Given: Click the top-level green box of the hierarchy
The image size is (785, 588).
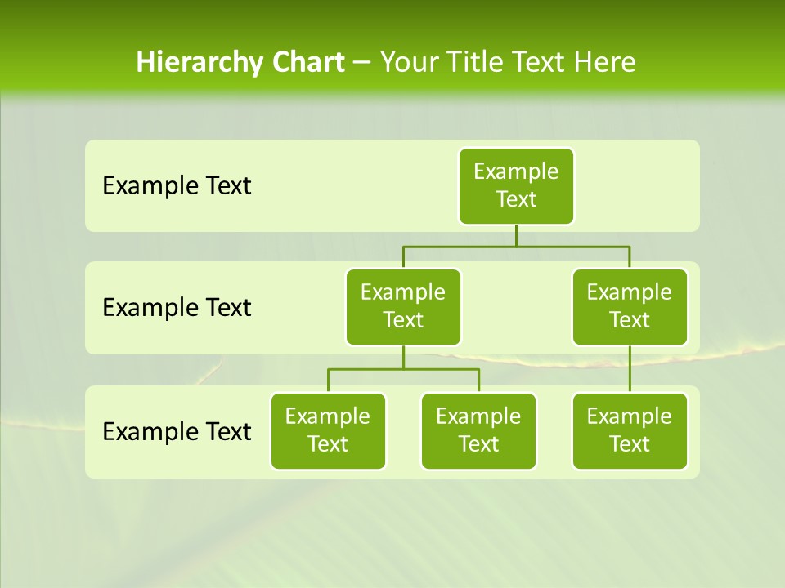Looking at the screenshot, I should tap(516, 185).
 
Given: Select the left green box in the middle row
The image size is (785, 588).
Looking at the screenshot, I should tap(403, 306).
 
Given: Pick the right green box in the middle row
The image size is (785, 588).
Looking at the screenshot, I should tap(630, 306).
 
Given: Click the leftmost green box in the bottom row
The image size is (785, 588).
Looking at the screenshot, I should tap(328, 430).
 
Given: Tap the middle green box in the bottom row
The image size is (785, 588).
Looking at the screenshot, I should tap(478, 430).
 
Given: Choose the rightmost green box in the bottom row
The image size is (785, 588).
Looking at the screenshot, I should tap(630, 430).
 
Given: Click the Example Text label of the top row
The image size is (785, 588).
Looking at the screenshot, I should tap(177, 186).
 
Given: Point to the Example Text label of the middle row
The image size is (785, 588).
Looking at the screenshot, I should tap(177, 308).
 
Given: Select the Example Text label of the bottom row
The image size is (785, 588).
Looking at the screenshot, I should tap(177, 431).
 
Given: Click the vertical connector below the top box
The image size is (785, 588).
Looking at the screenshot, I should tap(516, 235).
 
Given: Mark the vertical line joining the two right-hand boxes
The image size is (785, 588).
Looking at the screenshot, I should tap(630, 369).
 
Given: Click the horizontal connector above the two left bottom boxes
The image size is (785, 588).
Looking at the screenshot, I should tap(403, 369).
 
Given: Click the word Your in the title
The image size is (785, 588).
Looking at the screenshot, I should tap(409, 62).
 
